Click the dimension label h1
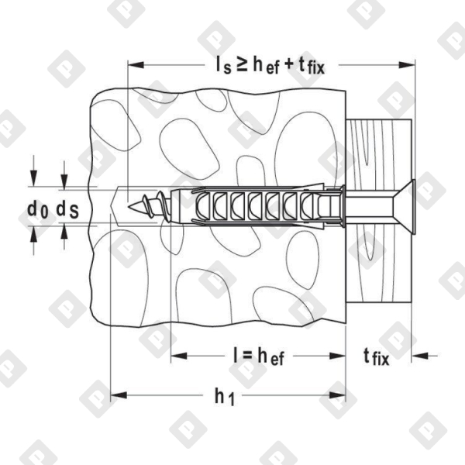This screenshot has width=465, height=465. point(224,397)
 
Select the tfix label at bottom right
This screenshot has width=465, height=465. point(377,356)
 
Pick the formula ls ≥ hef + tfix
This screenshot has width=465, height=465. point(269,65)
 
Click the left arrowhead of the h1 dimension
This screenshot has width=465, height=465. point(117,395)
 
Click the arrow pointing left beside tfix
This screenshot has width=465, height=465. point(418,356)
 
